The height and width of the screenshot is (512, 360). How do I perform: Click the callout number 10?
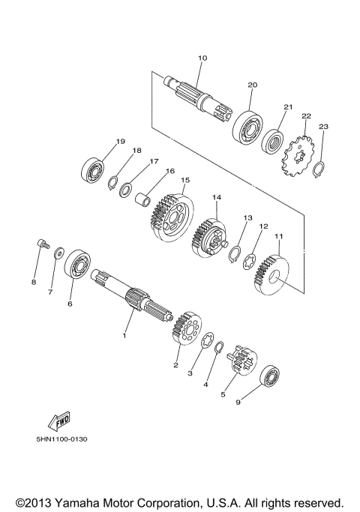(202, 58)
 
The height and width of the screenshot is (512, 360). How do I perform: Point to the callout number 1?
(125, 335)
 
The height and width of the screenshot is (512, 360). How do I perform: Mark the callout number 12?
(263, 225)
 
